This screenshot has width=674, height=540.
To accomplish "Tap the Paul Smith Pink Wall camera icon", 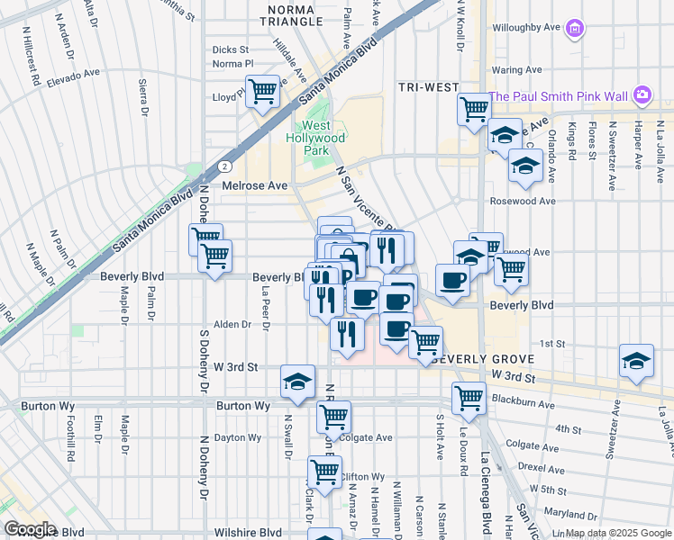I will [x=642, y=94].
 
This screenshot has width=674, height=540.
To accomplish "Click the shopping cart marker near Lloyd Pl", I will [x=261, y=92].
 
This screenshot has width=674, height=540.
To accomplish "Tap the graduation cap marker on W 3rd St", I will [x=297, y=382].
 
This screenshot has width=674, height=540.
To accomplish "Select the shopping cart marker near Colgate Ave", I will [x=333, y=417].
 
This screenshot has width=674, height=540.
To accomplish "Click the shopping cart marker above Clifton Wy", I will [x=324, y=471].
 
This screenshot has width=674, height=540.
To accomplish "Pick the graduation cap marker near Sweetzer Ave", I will [x=636, y=361].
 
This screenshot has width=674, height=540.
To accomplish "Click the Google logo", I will [x=29, y=528].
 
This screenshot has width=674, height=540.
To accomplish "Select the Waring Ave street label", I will [x=516, y=69].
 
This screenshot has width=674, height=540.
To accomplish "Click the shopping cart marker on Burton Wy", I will [x=469, y=398].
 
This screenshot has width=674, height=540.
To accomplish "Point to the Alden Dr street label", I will [x=232, y=325].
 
